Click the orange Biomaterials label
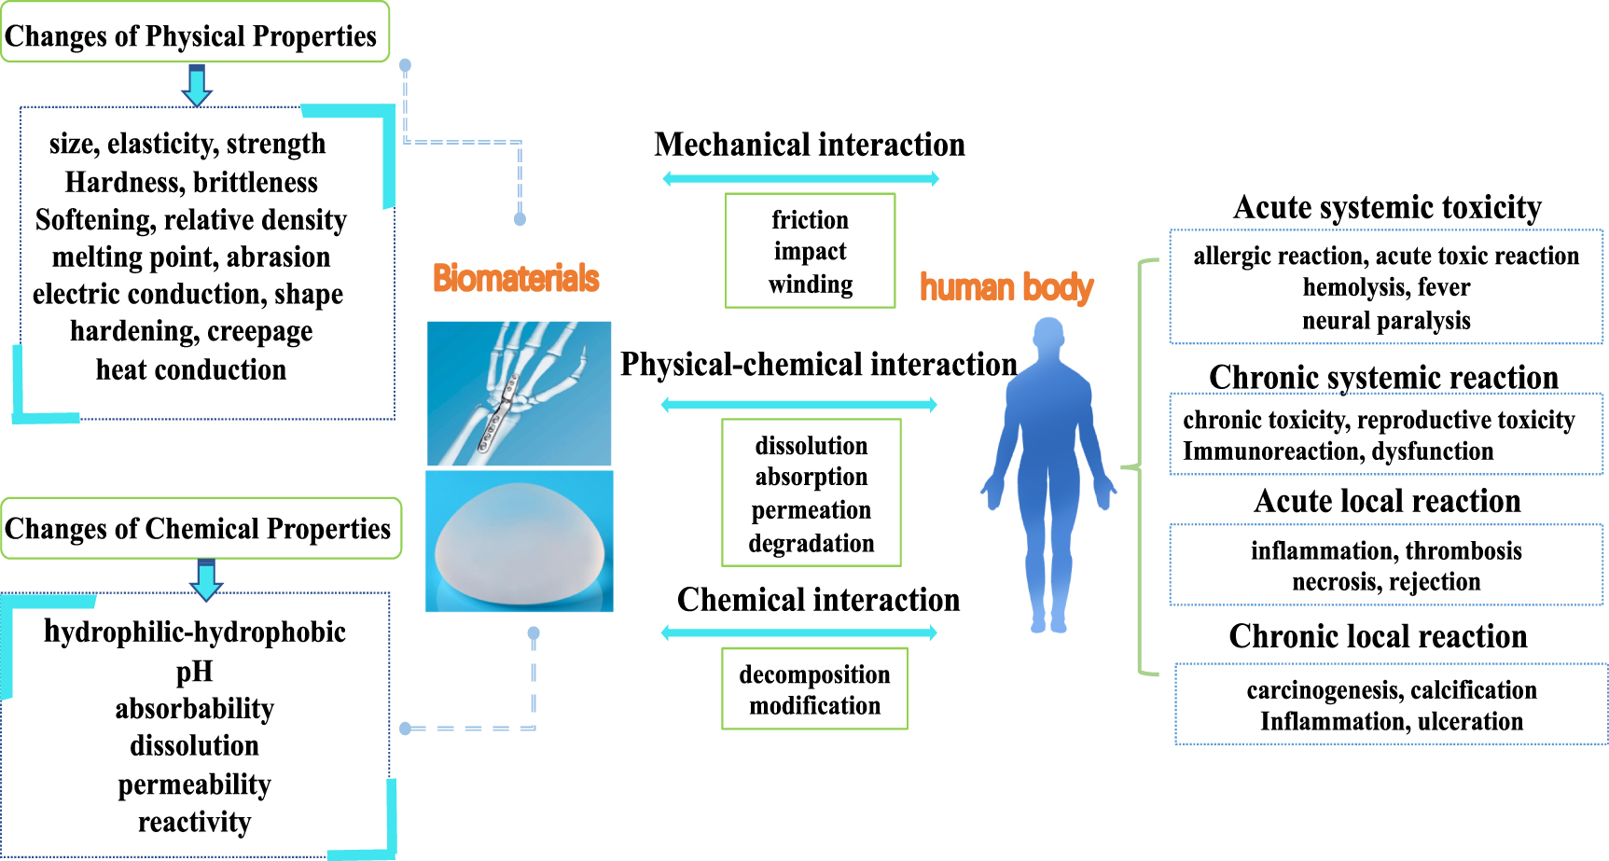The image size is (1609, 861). click(516, 278)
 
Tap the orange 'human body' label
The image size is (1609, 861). click(1006, 287)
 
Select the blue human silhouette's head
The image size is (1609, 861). click(1049, 335)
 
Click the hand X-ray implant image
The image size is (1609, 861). click(519, 393)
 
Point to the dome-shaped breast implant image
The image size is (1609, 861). click(520, 541)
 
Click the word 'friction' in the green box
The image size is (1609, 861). click(810, 220)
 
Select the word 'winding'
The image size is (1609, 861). click(810, 284)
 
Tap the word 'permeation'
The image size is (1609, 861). click(811, 510)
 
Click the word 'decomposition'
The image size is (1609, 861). click(814, 674)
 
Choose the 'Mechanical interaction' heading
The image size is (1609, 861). click(809, 145)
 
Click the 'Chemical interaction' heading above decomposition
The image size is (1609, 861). click(818, 600)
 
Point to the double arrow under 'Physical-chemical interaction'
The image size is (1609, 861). click(798, 405)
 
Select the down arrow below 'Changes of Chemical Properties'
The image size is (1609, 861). click(206, 579)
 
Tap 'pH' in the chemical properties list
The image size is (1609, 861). click(194, 672)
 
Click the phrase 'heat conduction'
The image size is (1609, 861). click(191, 370)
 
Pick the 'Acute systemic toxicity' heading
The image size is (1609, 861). click(1386, 207)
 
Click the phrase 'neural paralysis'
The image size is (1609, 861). click(1386, 321)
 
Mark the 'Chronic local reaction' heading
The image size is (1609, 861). click(1378, 636)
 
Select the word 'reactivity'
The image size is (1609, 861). click(194, 822)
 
